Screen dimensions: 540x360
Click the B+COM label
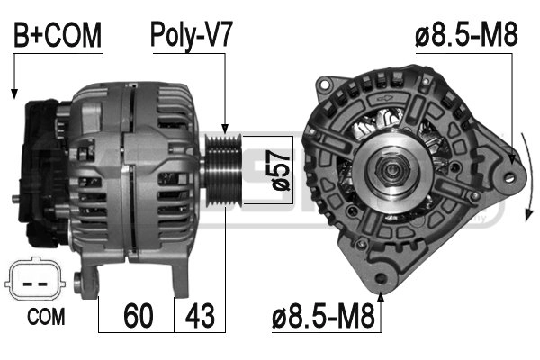pos(58,35)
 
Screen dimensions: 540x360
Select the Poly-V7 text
pos(192,36)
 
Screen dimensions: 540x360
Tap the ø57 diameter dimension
pos(281,170)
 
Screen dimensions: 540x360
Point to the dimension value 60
pos(138,315)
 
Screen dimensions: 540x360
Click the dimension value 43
pos(200,315)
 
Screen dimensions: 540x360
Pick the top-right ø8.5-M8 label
pos(466,34)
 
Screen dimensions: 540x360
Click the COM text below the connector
pos(46,317)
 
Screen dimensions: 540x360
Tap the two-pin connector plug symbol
pos(35,279)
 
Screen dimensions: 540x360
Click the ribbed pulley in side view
pos(223,170)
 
